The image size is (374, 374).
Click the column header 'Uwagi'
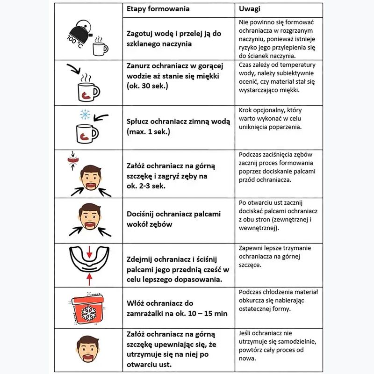(249, 9)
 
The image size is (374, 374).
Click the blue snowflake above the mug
(85, 115)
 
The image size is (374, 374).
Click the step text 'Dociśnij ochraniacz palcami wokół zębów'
(174, 219)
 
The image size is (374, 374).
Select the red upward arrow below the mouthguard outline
(89, 279)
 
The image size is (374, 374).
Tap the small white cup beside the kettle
(100, 48)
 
